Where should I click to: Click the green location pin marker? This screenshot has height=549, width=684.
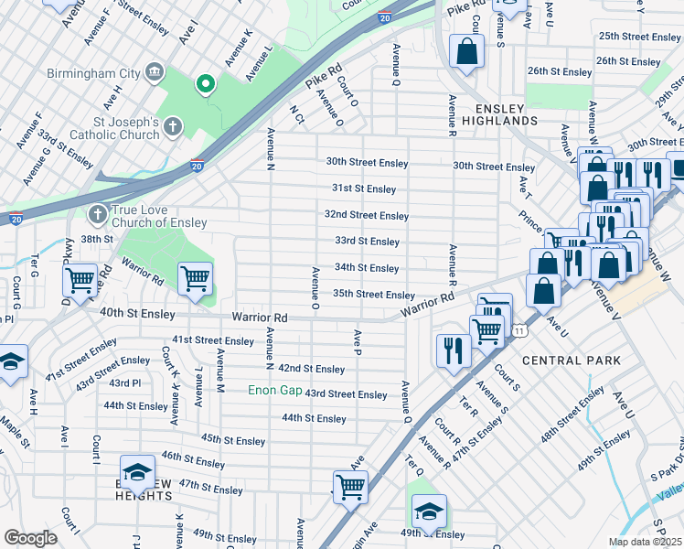(206, 85)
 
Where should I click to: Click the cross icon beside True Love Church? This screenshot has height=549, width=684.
(98, 215)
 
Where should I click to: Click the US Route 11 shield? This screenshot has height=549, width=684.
(520, 329)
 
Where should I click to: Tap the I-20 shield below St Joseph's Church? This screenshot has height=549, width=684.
(197, 166)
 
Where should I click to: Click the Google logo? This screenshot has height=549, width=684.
(30, 538)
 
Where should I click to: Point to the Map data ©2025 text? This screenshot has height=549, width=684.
(645, 542)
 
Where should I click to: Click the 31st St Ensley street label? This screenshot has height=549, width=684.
(363, 188)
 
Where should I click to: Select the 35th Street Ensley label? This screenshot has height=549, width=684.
(373, 295)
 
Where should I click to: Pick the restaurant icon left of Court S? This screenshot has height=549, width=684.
(453, 349)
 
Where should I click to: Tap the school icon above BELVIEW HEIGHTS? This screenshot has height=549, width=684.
(137, 471)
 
